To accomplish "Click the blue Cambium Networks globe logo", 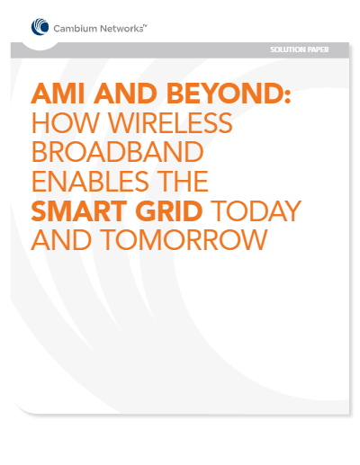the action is click(40, 27).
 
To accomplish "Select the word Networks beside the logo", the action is click(121, 29).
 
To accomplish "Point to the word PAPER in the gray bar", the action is click(319, 49).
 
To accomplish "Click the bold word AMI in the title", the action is click(58, 93).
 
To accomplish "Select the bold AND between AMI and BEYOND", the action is click(125, 93).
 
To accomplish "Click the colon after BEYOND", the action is click(288, 96).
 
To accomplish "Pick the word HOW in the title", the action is click(65, 122).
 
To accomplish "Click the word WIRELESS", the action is click(170, 122).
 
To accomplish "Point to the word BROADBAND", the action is click(118, 152).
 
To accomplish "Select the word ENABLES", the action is click(90, 181).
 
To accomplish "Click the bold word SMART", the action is click(79, 210).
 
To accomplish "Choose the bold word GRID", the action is click(169, 210).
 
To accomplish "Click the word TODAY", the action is click(256, 210).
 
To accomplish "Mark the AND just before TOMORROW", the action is click(61, 239).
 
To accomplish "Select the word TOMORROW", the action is click(184, 239).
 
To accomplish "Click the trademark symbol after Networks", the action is click(145, 26).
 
